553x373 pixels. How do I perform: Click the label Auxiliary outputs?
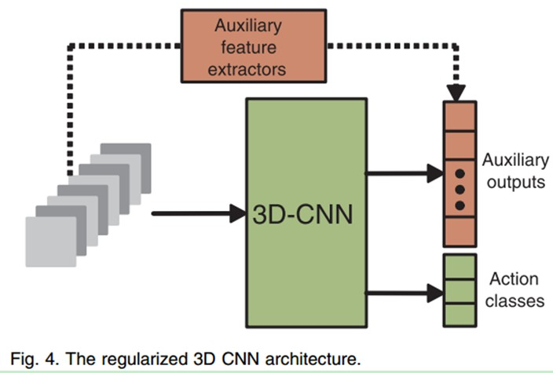click(x=515, y=172)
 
